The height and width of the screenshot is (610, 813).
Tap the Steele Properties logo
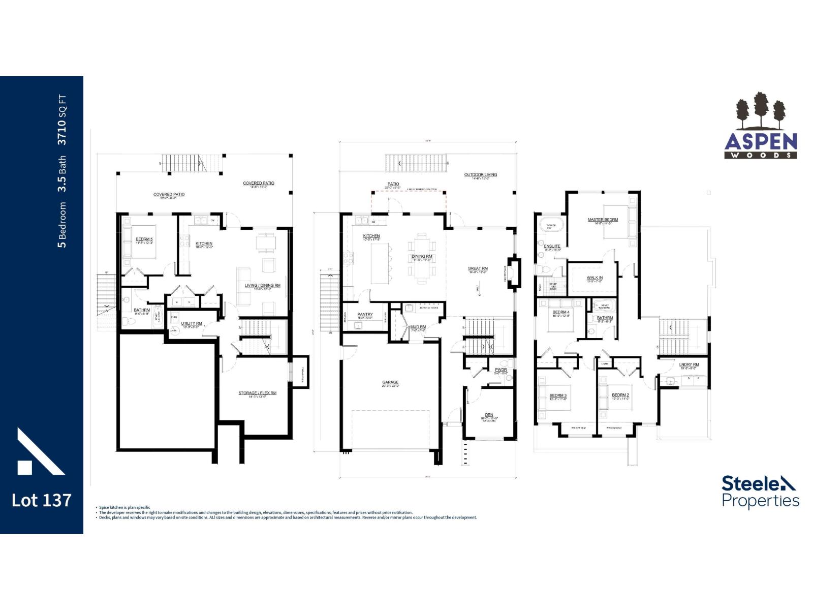760,492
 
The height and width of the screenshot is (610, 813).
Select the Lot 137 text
41,500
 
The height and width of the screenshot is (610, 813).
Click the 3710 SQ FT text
62,120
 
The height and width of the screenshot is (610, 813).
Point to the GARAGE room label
390,382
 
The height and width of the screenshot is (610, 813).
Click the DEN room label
489,415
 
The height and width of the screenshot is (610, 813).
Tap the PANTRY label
365,315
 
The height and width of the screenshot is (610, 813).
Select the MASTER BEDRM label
603,220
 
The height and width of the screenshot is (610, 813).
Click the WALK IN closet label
594,278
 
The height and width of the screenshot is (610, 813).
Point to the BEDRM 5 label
144,239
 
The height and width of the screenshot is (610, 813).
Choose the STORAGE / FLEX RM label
257,393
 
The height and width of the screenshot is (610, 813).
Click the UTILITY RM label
192,323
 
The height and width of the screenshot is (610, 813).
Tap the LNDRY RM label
689,364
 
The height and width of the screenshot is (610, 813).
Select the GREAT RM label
478,268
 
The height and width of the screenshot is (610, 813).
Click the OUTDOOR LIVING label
480,175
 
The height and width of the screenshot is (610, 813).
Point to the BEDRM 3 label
558,395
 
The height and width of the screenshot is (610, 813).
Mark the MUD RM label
418,326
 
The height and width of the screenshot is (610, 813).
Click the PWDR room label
501,370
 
